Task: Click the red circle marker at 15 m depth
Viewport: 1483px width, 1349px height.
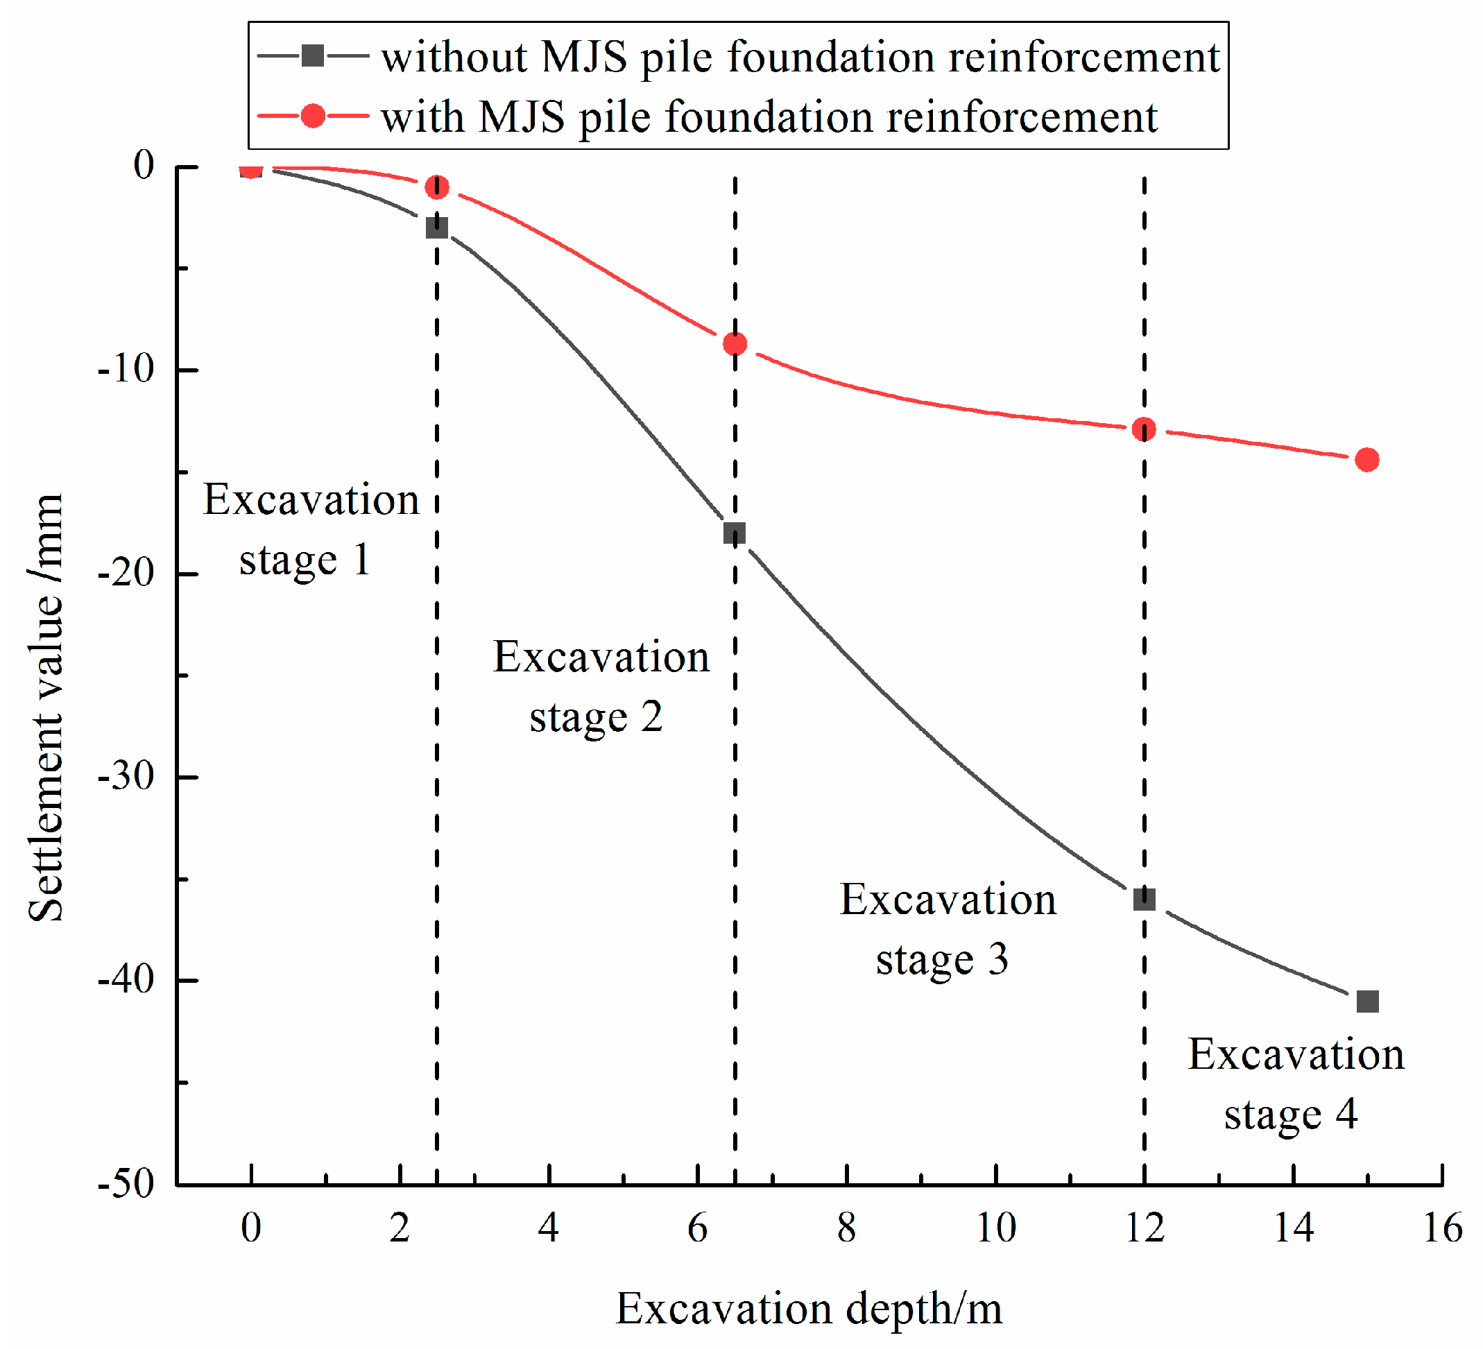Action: pyautogui.click(x=1366, y=460)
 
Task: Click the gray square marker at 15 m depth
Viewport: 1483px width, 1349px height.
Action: pyautogui.click(x=1366, y=1001)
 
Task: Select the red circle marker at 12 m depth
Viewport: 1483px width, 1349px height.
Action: pyautogui.click(x=1144, y=429)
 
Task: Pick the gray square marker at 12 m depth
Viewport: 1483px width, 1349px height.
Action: pyautogui.click(x=1144, y=899)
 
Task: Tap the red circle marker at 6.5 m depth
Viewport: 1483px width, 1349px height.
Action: pyautogui.click(x=735, y=343)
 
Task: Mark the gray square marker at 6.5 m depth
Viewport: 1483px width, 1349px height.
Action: pyautogui.click(x=734, y=533)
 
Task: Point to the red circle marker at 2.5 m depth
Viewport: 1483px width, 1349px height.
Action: pyautogui.click(x=437, y=187)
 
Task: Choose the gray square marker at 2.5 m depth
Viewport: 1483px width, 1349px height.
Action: pyautogui.click(x=437, y=227)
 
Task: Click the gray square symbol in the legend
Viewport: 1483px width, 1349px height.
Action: pyautogui.click(x=313, y=56)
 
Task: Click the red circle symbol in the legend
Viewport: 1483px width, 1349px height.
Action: pyautogui.click(x=313, y=117)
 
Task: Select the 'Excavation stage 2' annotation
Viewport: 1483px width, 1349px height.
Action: pyautogui.click(x=599, y=686)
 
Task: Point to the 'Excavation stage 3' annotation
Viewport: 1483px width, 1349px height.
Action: pyautogui.click(x=947, y=929)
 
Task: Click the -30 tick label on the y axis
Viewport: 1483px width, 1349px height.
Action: pyautogui.click(x=126, y=777)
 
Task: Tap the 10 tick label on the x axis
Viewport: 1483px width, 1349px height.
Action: pyautogui.click(x=996, y=1229)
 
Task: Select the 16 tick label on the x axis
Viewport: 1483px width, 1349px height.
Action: pyautogui.click(x=1442, y=1229)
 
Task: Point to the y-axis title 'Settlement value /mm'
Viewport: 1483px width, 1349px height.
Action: pyautogui.click(x=46, y=706)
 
